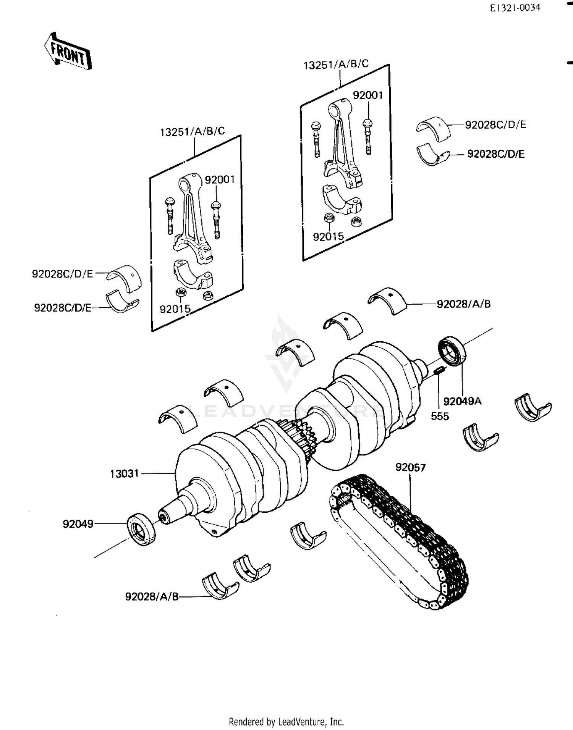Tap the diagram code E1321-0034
pyautogui.click(x=515, y=8)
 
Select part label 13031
pyautogui.click(x=124, y=474)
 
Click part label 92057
pyautogui.click(x=410, y=467)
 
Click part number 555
pyautogui.click(x=440, y=416)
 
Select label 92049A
pyautogui.click(x=462, y=401)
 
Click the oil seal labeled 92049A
pyautogui.click(x=452, y=351)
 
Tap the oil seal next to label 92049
pyautogui.click(x=141, y=529)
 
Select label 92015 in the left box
pyautogui.click(x=175, y=309)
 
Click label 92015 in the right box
pyautogui.click(x=328, y=237)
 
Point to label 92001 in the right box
pyautogui.click(x=367, y=95)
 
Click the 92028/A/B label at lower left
pyautogui.click(x=152, y=596)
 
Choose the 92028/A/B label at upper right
pyautogui.click(x=463, y=304)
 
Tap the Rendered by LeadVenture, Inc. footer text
pyautogui.click(x=286, y=722)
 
